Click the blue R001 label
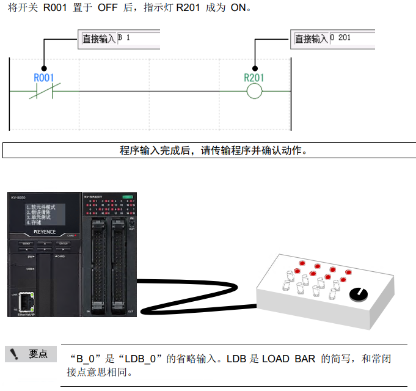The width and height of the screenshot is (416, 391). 44,78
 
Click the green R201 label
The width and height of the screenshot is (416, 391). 254,78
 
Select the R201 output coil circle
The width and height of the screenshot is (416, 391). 254,92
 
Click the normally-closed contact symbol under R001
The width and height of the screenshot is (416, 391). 44,92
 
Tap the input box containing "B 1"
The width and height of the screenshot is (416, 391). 138,38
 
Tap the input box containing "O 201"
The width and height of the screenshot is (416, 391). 351,38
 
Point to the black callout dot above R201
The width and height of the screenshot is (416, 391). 254,68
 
